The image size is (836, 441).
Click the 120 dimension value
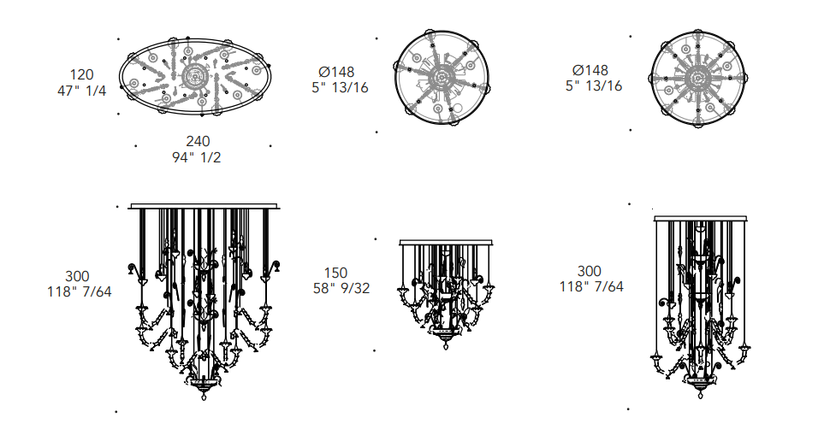click(x=81, y=74)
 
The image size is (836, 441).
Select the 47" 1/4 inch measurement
click(x=81, y=91)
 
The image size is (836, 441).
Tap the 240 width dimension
click(x=198, y=141)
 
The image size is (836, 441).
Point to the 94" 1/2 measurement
click(x=196, y=157)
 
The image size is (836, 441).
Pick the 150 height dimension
click(x=335, y=273)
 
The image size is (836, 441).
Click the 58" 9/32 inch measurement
click(x=341, y=288)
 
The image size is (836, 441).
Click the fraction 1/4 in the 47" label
click(x=96, y=91)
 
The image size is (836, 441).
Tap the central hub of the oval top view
click(x=193, y=77)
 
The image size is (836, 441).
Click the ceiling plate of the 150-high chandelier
click(x=446, y=243)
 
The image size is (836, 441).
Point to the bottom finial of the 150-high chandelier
click(x=446, y=344)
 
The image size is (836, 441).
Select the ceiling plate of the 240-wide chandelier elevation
click(x=204, y=206)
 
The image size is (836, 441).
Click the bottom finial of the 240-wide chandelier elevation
click(x=204, y=395)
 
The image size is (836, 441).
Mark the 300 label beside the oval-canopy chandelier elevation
click(x=77, y=276)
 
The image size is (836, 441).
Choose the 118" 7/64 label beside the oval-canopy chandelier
click(x=80, y=292)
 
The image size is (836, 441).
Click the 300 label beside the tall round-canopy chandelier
click(x=590, y=271)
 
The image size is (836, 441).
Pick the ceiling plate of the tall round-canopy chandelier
click(x=700, y=219)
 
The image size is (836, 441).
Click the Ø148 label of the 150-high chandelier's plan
click(x=336, y=72)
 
